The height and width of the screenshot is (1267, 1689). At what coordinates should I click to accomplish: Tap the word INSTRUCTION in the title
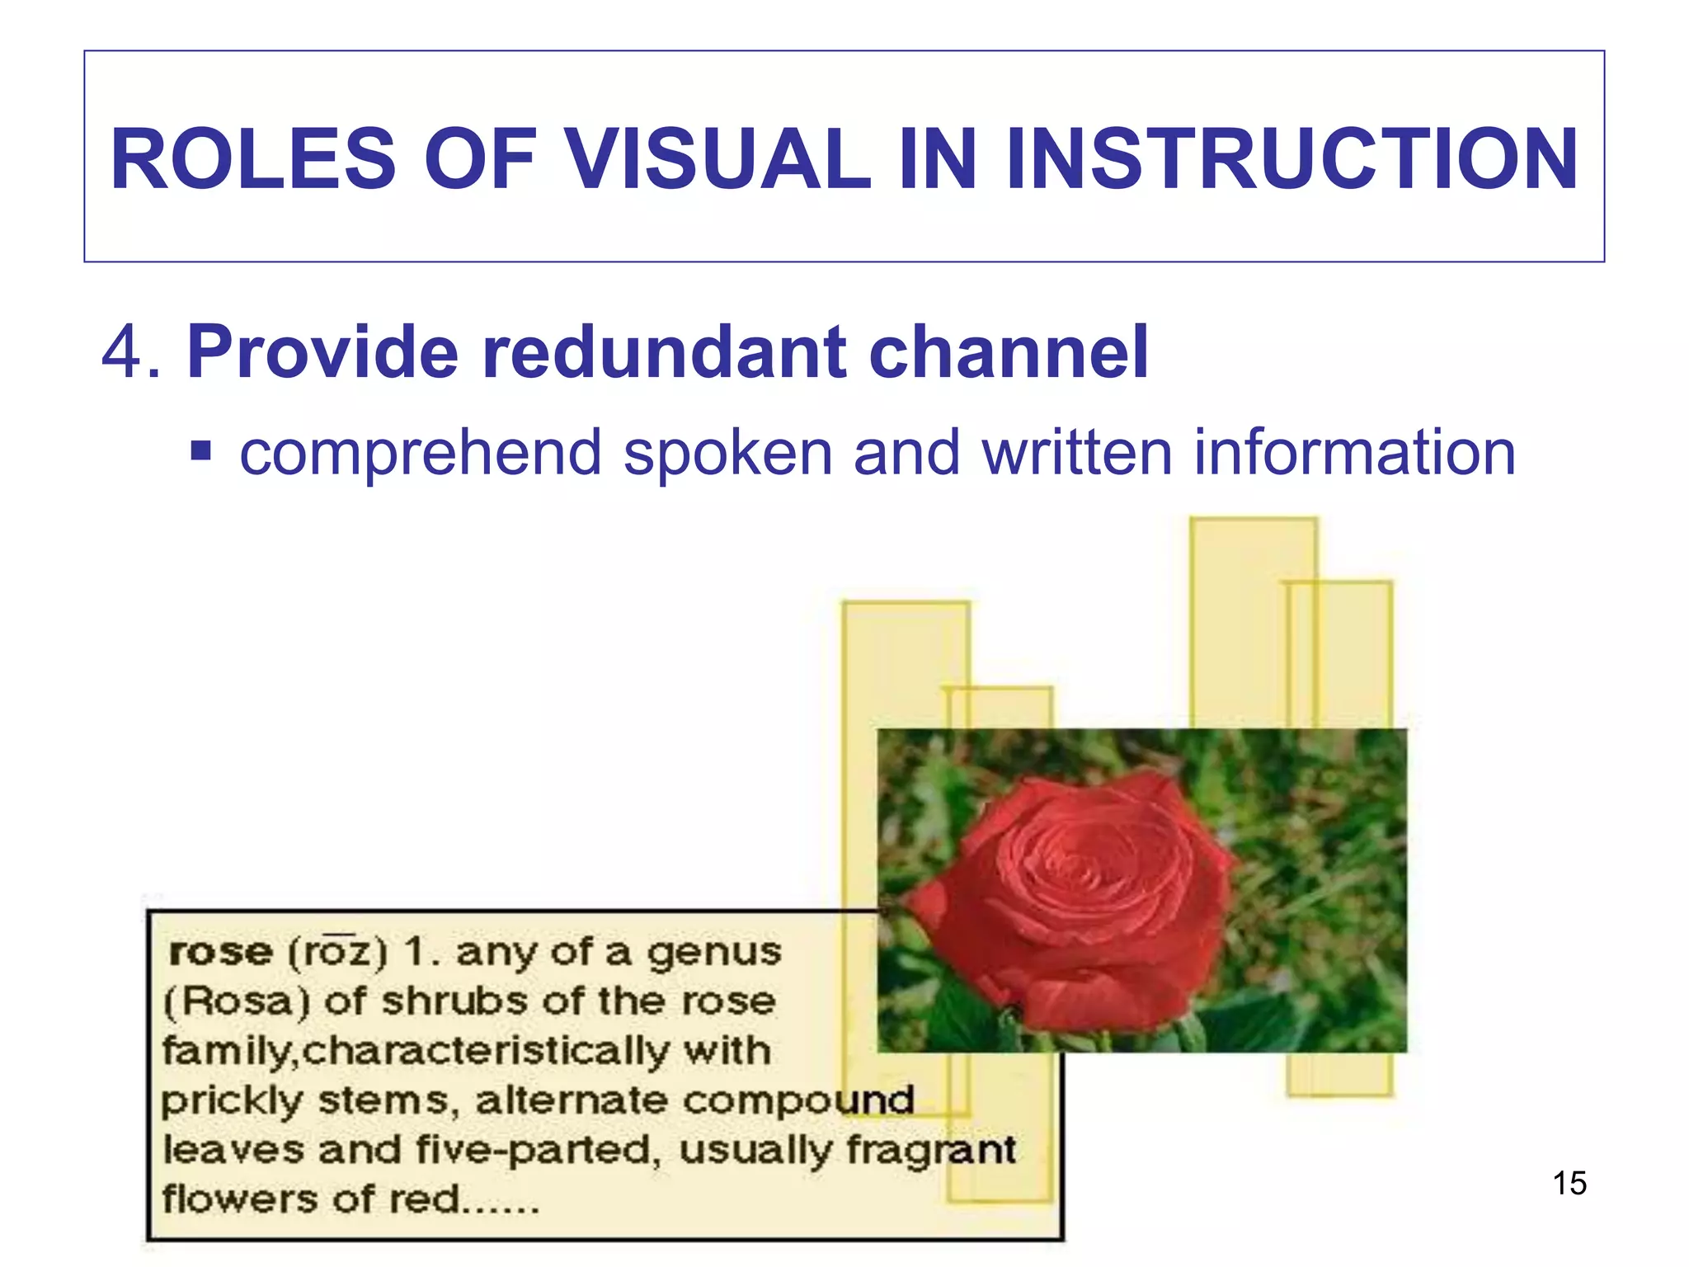[x=1291, y=158]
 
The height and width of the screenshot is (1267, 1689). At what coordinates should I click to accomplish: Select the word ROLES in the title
[x=253, y=158]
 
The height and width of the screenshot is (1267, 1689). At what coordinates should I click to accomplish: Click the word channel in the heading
[x=1008, y=352]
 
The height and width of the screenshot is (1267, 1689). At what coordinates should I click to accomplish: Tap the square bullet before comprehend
[x=200, y=451]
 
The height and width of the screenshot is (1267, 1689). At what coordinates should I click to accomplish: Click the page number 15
[x=1569, y=1183]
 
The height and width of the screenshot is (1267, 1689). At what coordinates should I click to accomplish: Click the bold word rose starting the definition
[x=220, y=953]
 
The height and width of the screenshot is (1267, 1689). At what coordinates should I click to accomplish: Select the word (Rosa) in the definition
[x=236, y=1001]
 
